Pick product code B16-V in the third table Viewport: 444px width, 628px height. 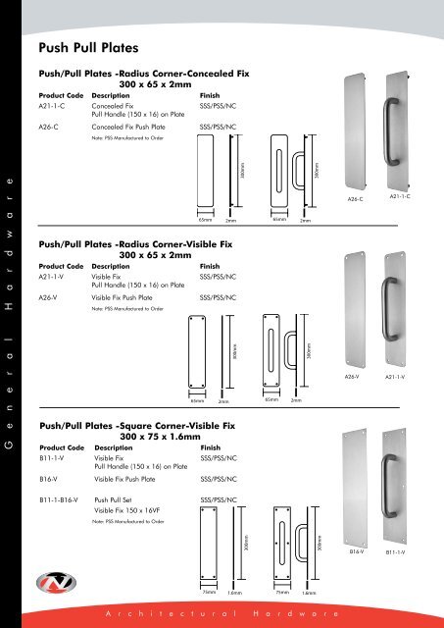coord(52,479)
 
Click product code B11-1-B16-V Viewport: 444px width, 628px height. coord(65,500)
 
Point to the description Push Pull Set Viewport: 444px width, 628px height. coord(121,500)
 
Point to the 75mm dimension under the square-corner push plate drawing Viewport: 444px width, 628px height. coord(209,593)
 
